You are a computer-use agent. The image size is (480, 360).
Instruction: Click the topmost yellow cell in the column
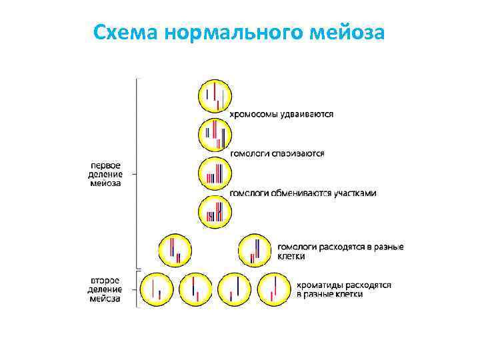[x=215, y=96]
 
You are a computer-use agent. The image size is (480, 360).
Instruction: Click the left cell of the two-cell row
[x=175, y=250]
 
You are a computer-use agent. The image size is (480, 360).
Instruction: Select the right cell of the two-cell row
[x=255, y=250]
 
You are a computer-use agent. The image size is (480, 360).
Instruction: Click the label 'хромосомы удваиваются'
[x=282, y=114]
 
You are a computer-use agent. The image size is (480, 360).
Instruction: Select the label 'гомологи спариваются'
[x=277, y=153]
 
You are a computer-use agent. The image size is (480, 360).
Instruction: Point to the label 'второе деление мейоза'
[x=105, y=289]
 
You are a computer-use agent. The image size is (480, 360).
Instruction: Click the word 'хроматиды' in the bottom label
[x=319, y=285]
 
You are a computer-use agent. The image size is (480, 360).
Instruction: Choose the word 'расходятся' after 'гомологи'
[x=341, y=247]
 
